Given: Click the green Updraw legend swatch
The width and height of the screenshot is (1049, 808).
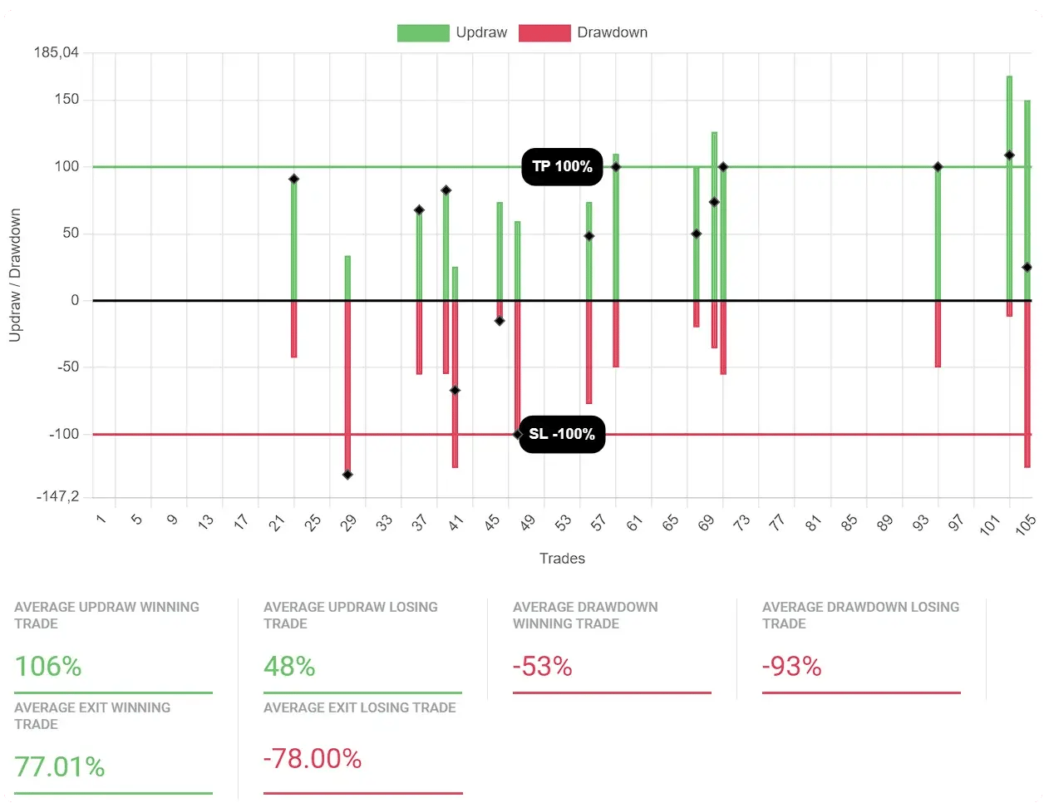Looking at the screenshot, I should click(423, 33).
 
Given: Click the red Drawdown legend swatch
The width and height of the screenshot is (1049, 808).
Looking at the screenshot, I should click(544, 33).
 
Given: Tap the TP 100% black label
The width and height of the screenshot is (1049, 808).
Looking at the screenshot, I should click(562, 166).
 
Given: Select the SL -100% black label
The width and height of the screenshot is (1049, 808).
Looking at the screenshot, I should click(562, 434).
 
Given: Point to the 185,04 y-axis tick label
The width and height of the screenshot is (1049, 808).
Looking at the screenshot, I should click(57, 53).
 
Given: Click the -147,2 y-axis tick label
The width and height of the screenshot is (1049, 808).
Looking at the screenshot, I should click(58, 496).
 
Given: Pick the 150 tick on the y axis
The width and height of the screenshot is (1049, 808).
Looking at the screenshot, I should click(66, 99).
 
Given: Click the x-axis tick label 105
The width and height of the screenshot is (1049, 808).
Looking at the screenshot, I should click(1025, 525).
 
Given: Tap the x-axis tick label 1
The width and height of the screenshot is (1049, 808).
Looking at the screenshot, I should click(101, 520).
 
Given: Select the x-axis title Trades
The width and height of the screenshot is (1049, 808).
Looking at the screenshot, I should click(562, 559).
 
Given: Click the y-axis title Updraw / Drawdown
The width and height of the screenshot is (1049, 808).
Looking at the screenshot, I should click(15, 275).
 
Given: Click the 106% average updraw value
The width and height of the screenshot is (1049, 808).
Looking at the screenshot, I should click(48, 666).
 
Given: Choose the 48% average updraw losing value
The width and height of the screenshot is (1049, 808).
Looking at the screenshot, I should click(289, 666).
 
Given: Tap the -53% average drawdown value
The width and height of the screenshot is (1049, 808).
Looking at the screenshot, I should click(542, 666).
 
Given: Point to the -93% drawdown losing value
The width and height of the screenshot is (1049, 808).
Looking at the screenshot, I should click(791, 666).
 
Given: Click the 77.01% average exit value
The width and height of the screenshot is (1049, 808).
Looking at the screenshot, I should click(60, 766).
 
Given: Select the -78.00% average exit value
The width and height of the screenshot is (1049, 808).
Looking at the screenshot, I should click(313, 759).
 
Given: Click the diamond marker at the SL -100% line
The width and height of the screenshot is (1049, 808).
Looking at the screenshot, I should click(518, 434).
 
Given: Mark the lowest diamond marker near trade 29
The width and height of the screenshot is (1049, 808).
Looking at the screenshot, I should click(347, 475).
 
